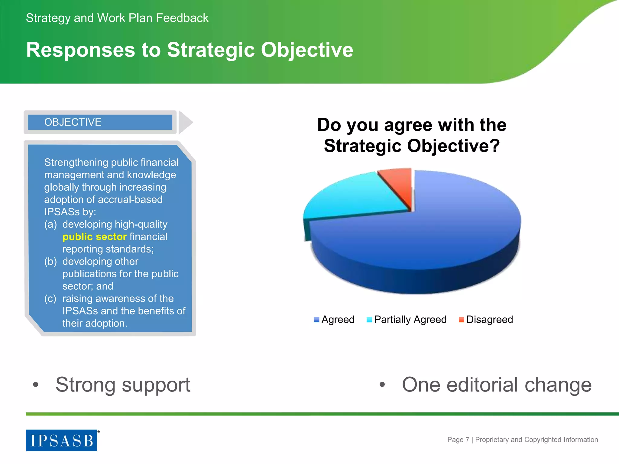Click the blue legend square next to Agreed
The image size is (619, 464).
point(316,320)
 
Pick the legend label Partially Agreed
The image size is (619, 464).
point(410,320)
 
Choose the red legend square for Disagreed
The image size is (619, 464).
point(461,320)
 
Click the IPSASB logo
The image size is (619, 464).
point(62,440)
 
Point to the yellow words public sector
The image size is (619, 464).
point(94,237)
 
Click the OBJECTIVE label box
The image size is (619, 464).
point(100,122)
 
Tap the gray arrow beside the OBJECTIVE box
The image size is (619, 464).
point(185,122)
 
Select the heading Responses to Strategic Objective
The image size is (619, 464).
point(190,50)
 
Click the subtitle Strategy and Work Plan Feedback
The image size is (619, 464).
point(117,18)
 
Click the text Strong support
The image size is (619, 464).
point(123,385)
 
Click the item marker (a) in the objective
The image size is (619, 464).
point(50,224)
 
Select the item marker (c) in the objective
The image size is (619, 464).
point(50,298)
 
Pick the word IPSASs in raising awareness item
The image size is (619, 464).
point(80,311)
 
